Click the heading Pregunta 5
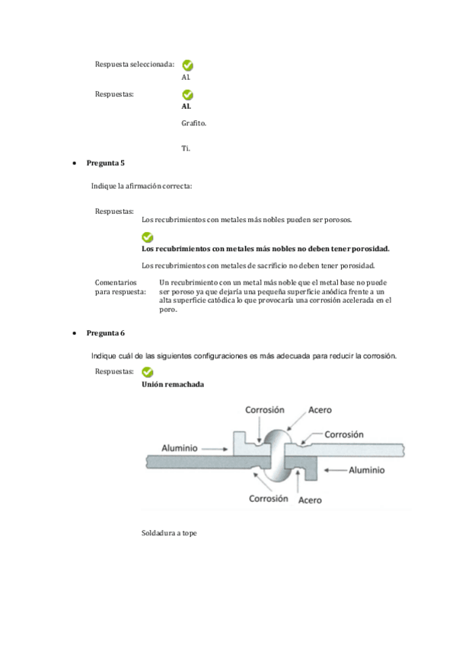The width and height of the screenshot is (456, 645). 105,163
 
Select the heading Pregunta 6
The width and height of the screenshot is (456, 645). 105,333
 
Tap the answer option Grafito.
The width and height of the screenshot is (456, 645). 194,123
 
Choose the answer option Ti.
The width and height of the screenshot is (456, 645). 186,148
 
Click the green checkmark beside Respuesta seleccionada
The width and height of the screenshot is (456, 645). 188,65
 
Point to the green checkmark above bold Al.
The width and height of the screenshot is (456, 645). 188,95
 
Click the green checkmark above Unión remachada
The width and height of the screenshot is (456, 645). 148,372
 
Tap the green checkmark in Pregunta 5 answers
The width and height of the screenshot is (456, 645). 148,237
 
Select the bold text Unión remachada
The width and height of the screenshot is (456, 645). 173,385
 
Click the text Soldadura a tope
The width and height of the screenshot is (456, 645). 169,533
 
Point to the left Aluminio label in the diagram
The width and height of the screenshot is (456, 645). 180,448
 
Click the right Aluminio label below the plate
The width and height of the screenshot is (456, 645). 367,470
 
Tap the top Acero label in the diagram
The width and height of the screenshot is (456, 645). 320,410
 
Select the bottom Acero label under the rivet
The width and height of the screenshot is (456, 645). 310,500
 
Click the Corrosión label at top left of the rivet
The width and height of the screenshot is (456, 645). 265,410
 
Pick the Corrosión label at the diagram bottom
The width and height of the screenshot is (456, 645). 268,498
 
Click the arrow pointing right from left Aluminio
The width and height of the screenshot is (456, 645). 215,450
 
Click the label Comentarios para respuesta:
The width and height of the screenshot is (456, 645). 120,287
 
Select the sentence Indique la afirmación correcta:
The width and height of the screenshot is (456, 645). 142,186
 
